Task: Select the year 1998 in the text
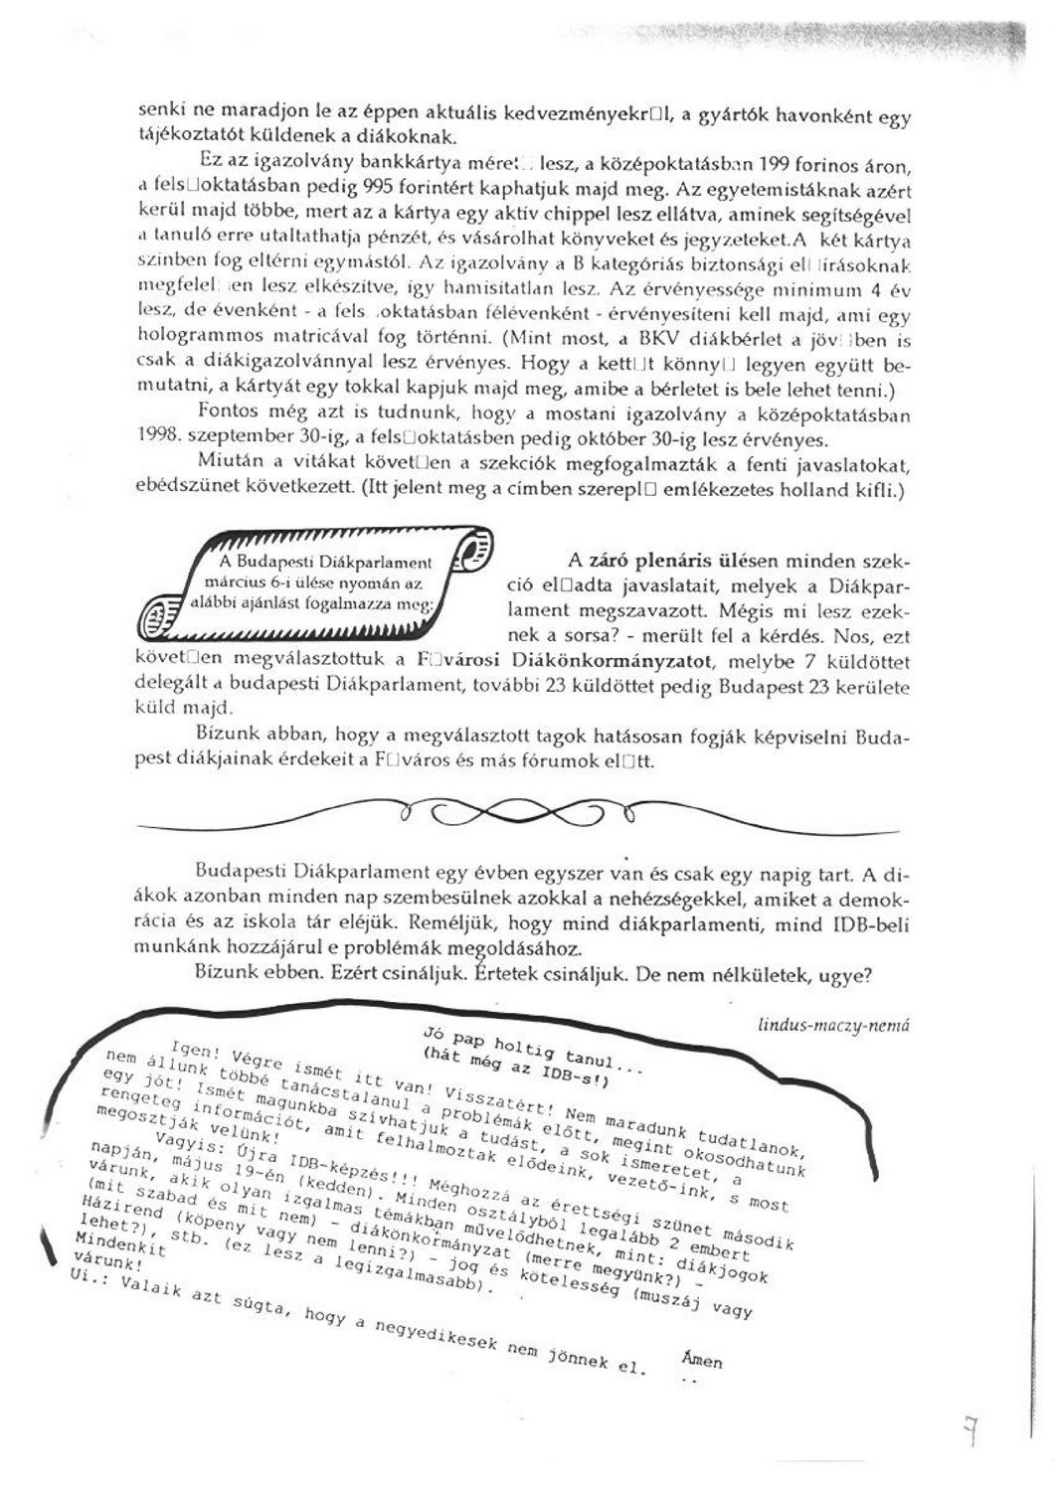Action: pyautogui.click(x=156, y=435)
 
